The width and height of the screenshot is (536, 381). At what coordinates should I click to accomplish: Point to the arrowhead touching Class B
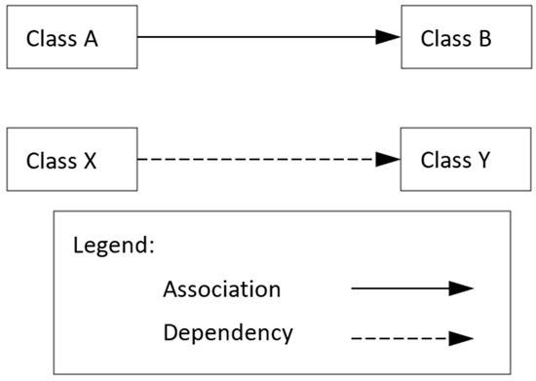(x=389, y=38)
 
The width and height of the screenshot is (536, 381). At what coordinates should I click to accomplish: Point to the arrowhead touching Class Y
(x=389, y=159)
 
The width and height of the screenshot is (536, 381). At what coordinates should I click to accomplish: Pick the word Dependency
(x=228, y=333)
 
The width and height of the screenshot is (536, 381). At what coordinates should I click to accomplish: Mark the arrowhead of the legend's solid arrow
(x=461, y=289)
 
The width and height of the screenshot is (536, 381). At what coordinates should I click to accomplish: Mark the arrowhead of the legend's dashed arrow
(x=461, y=339)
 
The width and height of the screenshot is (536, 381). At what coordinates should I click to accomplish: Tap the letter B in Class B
(x=483, y=39)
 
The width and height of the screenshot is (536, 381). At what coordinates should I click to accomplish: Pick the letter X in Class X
(x=89, y=159)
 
